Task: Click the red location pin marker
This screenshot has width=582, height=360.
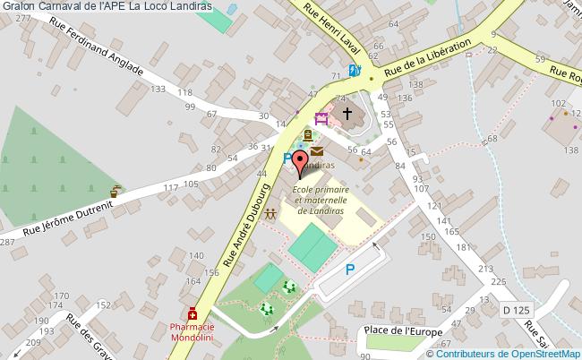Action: (x=301, y=166)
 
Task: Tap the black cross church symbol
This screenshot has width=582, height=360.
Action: (x=347, y=114)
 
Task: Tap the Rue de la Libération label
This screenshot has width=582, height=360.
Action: (x=428, y=59)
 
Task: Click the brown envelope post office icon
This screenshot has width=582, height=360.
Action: (x=317, y=153)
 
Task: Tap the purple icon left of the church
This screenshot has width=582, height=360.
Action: (x=321, y=118)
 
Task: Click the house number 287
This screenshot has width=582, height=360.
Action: (x=8, y=242)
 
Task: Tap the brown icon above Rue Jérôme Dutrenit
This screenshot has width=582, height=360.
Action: (x=114, y=191)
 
